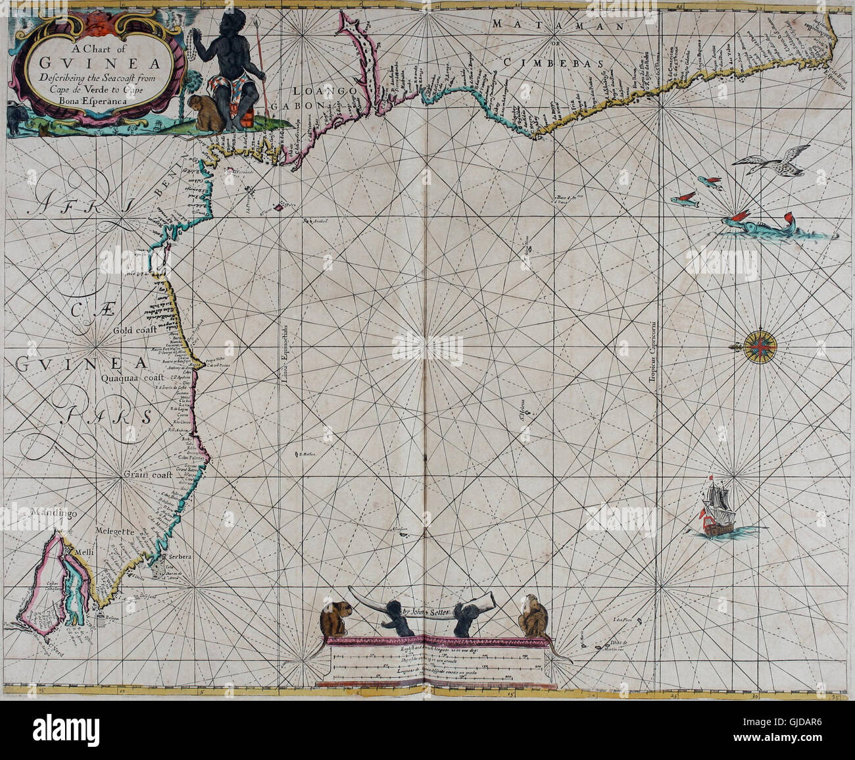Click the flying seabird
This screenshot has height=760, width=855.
point(776,161)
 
